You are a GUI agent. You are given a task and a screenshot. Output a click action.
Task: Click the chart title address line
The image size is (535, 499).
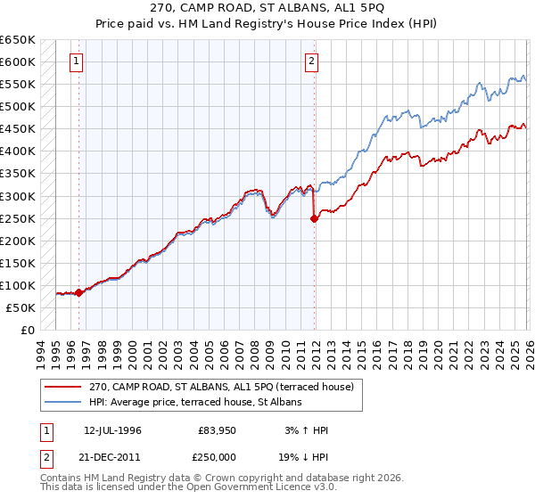pyautogui.click(x=267, y=9)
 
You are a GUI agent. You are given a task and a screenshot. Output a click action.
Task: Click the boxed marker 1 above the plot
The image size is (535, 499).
pyautogui.click(x=78, y=61)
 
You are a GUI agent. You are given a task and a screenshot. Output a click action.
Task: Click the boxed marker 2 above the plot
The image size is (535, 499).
pyautogui.click(x=311, y=61)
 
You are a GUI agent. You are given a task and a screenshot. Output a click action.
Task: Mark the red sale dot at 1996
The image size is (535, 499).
pyautogui.click(x=78, y=292)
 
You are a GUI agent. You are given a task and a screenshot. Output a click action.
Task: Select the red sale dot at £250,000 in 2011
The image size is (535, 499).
pyautogui.click(x=314, y=218)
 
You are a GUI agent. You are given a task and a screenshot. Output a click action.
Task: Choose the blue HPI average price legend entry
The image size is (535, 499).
pyautogui.click(x=195, y=402)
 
